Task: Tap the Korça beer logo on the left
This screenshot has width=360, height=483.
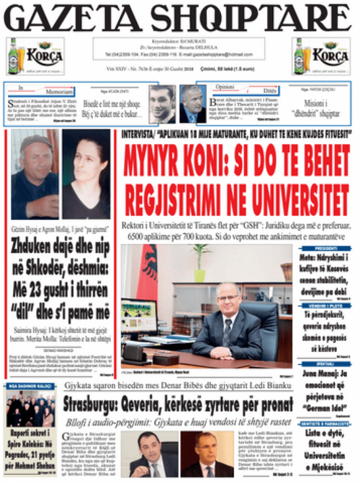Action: [35, 56]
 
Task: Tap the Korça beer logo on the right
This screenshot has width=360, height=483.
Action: [321, 56]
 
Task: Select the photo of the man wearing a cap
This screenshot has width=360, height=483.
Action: [34, 175]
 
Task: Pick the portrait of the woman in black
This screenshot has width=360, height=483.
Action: [86, 175]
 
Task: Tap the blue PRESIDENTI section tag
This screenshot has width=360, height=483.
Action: [326, 249]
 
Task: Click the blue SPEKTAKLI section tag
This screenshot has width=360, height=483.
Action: [326, 364]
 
